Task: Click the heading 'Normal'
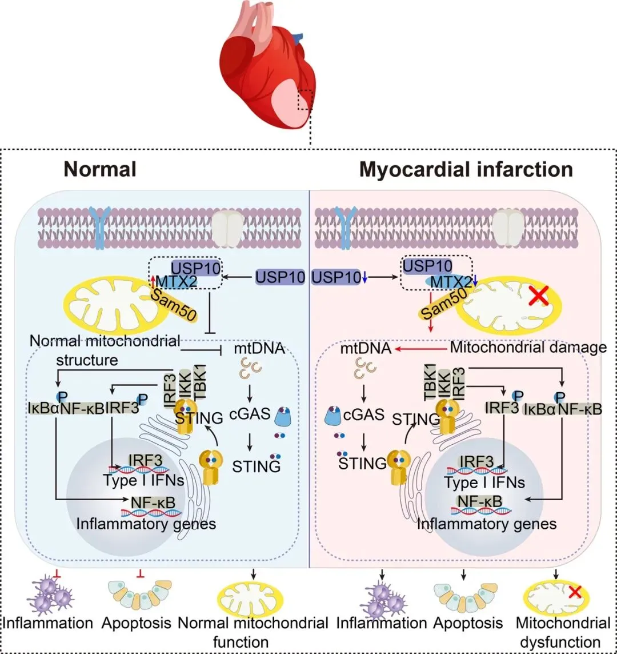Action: pos(100,169)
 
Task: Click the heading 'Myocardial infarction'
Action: pos(466,169)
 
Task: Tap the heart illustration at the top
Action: pos(267,65)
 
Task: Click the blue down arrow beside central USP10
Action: pos(365,277)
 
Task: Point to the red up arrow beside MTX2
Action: pos(153,281)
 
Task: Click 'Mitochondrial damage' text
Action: pos(528,347)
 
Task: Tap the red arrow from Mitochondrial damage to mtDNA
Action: pos(421,348)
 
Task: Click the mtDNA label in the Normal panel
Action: pos(259,348)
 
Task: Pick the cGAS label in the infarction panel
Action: pos(363,414)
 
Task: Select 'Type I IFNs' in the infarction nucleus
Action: pos(484,482)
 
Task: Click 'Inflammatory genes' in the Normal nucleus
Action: pos(146,524)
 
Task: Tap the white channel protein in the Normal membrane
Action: pos(227,228)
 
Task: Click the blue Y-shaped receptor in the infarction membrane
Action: pos(346,228)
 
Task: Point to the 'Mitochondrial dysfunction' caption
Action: pos(563,632)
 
